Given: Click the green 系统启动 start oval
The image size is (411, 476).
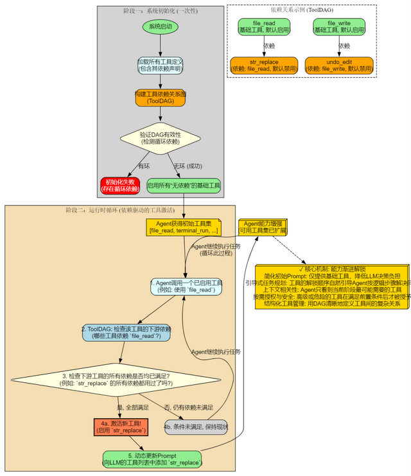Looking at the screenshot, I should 160,27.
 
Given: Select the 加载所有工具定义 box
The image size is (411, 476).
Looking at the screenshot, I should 160,65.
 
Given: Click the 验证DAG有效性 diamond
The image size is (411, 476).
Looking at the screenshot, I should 160,137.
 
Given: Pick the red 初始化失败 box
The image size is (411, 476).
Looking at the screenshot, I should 120,185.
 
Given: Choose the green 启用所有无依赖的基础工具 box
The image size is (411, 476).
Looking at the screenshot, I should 184,185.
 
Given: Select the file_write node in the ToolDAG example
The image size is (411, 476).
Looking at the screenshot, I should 339,27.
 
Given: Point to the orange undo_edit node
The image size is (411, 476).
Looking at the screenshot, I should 339,65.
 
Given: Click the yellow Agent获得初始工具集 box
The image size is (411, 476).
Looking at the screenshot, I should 184,227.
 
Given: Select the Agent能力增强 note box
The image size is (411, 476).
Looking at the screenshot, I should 263,227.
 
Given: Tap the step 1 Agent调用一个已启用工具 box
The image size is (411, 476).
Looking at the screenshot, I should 186,286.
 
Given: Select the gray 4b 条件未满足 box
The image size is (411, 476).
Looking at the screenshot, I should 196,427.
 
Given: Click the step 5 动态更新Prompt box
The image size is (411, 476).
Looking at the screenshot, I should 152,459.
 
